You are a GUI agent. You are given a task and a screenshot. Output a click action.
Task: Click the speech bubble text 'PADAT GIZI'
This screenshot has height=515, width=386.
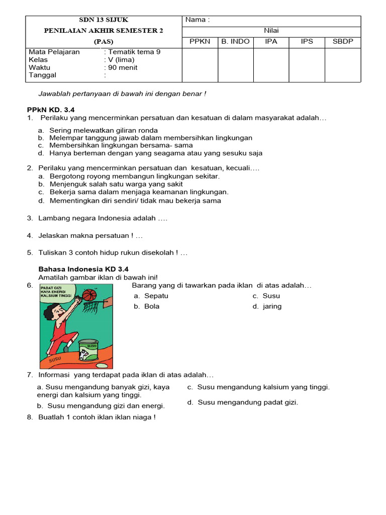coord(50,287)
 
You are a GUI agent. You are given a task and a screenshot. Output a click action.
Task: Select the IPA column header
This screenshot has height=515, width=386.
coord(271,41)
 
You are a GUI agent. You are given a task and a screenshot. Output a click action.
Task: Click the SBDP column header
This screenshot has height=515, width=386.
coord(343,41)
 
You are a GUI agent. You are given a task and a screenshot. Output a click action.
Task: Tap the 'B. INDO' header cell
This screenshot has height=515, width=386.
coord(235,41)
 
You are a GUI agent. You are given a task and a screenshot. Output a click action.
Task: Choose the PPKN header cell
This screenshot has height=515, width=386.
coord(200,41)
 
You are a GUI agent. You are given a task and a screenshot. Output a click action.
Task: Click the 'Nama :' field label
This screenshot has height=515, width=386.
coord(197,20)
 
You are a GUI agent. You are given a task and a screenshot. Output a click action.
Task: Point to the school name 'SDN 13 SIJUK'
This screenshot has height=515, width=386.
coord(104,20)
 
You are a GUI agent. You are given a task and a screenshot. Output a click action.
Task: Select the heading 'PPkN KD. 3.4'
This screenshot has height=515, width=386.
coord(50,110)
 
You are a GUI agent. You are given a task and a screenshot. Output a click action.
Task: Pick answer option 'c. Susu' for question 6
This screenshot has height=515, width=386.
coord(266,296)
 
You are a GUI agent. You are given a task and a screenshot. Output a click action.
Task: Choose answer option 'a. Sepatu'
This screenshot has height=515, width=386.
coord(151,296)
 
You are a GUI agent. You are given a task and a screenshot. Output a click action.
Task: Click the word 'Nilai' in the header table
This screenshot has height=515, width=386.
coord(271,31)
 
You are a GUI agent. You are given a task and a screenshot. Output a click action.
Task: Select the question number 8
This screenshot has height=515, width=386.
coord(30,417)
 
